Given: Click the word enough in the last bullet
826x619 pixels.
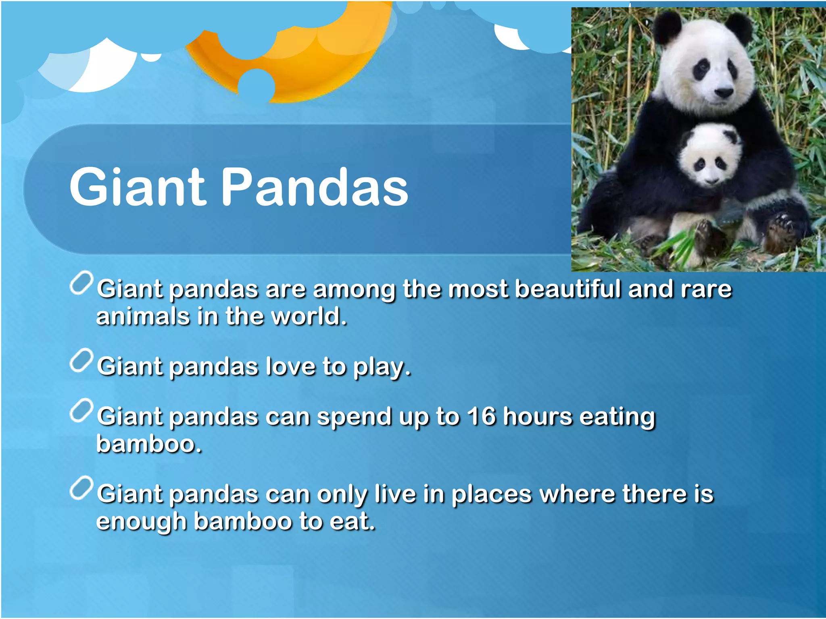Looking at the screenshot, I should pyautogui.click(x=141, y=522).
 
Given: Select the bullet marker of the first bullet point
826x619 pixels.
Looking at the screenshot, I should pyautogui.click(x=81, y=283).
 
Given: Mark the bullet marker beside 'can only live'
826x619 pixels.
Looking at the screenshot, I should pyautogui.click(x=81, y=488).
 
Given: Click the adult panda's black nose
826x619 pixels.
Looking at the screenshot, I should pyautogui.click(x=724, y=93).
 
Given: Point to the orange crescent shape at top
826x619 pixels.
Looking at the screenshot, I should pyautogui.click(x=323, y=69).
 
